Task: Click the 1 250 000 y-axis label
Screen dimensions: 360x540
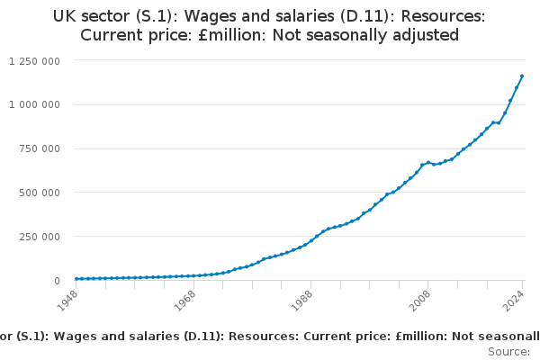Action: point(34,60)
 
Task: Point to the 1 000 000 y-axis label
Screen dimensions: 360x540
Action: point(34,104)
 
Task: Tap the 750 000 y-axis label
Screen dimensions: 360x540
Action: point(40,148)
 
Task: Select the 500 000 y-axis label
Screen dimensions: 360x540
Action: point(40,193)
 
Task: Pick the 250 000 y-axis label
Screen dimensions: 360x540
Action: point(40,237)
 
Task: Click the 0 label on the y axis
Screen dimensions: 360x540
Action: point(56,281)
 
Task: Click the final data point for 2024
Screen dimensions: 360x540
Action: point(522,76)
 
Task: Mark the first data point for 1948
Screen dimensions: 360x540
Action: point(76,279)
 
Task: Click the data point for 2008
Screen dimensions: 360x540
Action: point(428,162)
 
